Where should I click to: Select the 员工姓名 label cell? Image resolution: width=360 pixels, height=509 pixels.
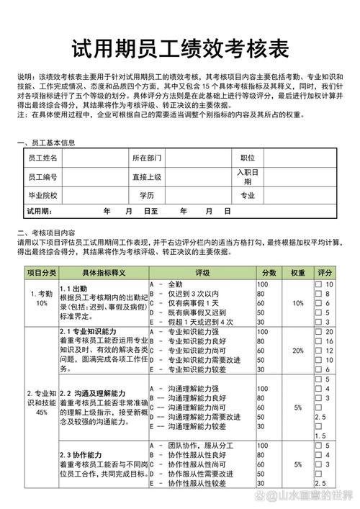(x=42, y=158)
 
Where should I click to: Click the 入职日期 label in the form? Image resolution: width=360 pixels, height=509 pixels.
(x=248, y=176)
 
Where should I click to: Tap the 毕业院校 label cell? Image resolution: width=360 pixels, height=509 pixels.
(x=42, y=195)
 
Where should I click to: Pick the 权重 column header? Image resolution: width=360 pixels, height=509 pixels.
(x=297, y=273)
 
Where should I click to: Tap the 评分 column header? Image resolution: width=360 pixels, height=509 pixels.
(x=325, y=273)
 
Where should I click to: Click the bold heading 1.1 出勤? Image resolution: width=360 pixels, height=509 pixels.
(x=73, y=288)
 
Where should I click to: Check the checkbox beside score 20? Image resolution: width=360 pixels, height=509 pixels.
(x=318, y=331)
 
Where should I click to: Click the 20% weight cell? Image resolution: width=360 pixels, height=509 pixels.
(x=297, y=350)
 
